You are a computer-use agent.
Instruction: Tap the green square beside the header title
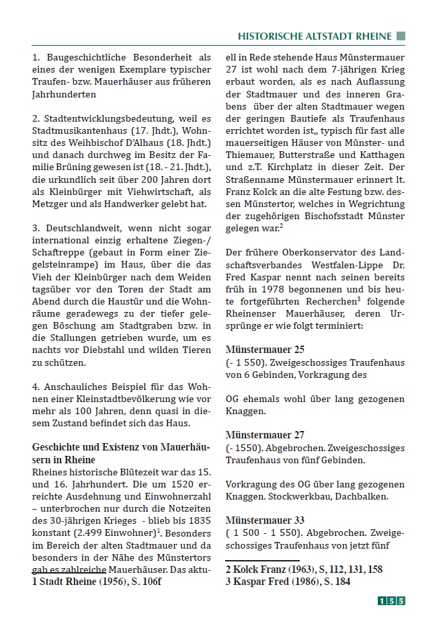point(401,36)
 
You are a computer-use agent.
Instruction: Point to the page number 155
point(391,601)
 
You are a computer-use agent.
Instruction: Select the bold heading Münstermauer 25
point(265,350)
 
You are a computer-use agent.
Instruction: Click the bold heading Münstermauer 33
point(265,520)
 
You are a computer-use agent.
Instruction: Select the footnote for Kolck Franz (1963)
point(304,570)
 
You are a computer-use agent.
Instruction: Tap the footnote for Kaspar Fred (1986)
point(288,582)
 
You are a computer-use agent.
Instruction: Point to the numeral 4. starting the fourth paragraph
point(36,387)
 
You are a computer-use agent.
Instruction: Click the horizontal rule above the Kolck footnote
point(262,560)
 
